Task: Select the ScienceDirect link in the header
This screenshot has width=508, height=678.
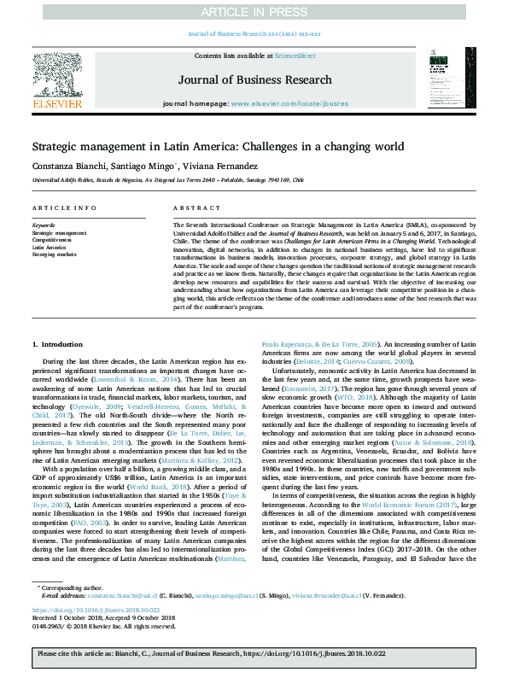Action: click(295, 56)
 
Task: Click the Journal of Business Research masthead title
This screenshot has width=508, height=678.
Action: click(254, 80)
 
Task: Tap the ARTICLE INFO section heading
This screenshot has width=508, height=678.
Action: click(64, 208)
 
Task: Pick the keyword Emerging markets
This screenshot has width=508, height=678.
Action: click(54, 254)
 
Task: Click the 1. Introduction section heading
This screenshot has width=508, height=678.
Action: click(59, 343)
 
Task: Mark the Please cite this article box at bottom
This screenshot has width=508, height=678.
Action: click(254, 658)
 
